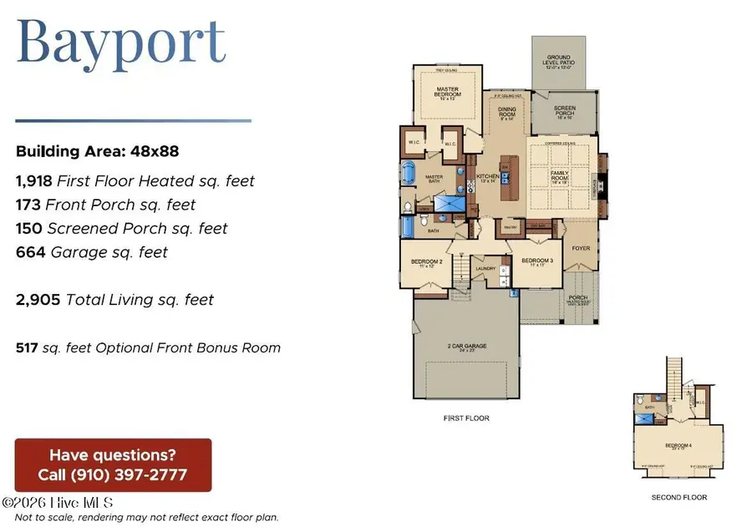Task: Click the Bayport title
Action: coord(122,41)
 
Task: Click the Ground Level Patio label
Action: coord(560,64)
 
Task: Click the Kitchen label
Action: coord(487,177)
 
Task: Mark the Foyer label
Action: coord(578,248)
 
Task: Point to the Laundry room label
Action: coord(485,269)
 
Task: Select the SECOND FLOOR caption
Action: coord(678,498)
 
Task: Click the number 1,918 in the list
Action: coord(33,180)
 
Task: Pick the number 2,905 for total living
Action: coord(38,299)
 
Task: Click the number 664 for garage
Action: coord(28,251)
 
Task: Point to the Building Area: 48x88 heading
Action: coord(98,152)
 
